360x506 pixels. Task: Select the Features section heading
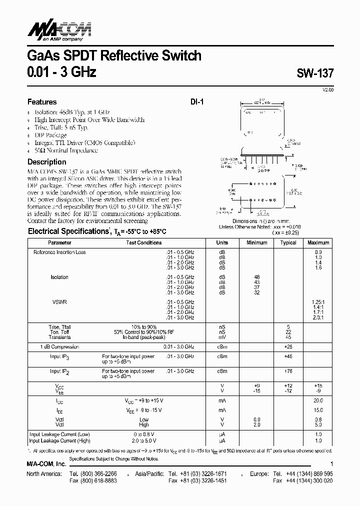click(42, 101)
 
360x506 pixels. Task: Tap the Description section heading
click(46, 162)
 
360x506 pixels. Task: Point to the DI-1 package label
click(196, 101)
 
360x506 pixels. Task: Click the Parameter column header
click(59, 242)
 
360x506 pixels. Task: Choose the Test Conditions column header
click(144, 242)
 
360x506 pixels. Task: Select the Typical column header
click(288, 242)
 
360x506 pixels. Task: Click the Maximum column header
click(318, 242)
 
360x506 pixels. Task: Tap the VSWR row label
click(59, 302)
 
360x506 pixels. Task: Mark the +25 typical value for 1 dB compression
click(288, 346)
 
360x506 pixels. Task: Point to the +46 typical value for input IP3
click(288, 356)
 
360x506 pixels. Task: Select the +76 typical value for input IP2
click(288, 371)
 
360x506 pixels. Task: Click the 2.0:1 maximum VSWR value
click(318, 317)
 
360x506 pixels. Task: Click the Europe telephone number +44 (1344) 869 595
click(310, 473)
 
